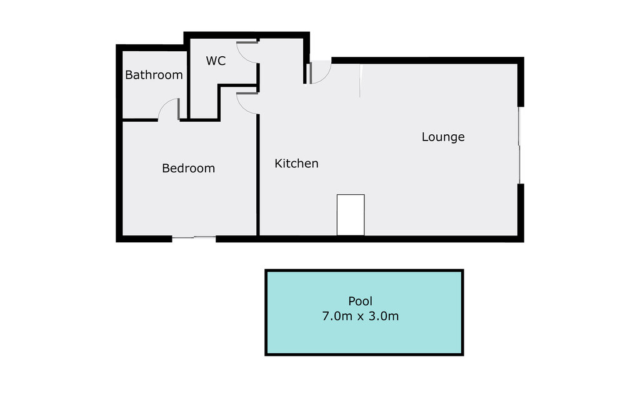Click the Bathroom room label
(154, 75)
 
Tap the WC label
(216, 61)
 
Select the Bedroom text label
(188, 168)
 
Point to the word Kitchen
(296, 164)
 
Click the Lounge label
(442, 137)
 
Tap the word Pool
(360, 302)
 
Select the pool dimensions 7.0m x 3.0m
(360, 316)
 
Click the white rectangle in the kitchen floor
(350, 215)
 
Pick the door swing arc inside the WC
(249, 52)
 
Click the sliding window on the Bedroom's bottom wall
(194, 237)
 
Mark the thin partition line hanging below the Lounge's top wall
(360, 81)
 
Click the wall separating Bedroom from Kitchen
(258, 175)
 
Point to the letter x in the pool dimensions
(360, 316)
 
